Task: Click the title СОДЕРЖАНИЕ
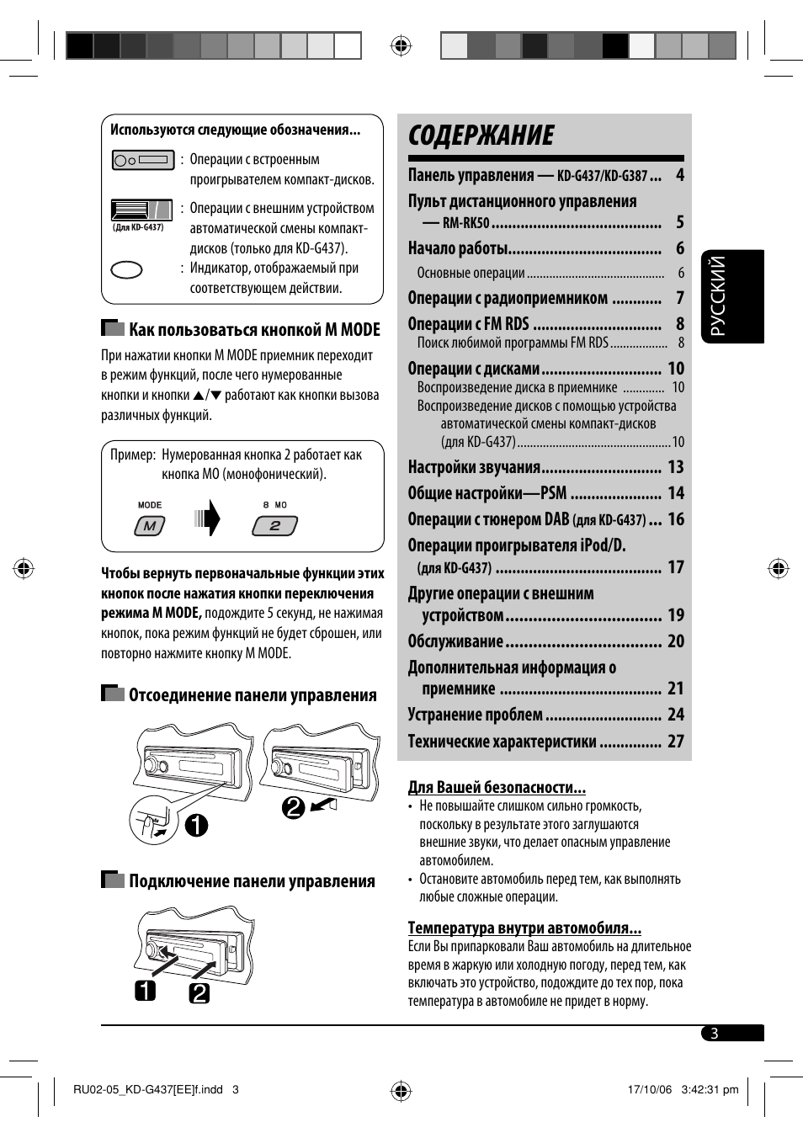pyautogui.click(x=481, y=136)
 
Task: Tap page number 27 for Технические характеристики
pyautogui.click(x=676, y=742)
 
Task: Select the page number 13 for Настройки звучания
pyautogui.click(x=676, y=467)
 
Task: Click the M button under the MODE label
pyautogui.click(x=150, y=526)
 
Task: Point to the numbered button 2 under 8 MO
pyautogui.click(x=275, y=526)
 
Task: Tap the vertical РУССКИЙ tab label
pyautogui.click(x=718, y=296)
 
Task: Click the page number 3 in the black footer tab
pyautogui.click(x=715, y=1034)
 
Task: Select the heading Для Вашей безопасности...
pyautogui.click(x=497, y=787)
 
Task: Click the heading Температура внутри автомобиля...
pyautogui.click(x=524, y=928)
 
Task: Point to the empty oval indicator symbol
pyautogui.click(x=127, y=270)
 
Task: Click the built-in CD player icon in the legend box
pyautogui.click(x=143, y=160)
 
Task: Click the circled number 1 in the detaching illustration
pyautogui.click(x=196, y=825)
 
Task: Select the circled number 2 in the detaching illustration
pyautogui.click(x=293, y=808)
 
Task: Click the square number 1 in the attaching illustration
pyautogui.click(x=146, y=991)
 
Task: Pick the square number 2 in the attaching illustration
pyautogui.click(x=199, y=993)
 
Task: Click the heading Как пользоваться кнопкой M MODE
pyautogui.click(x=254, y=330)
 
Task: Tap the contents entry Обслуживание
pyautogui.click(x=455, y=641)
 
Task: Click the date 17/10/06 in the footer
pyautogui.click(x=650, y=1089)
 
